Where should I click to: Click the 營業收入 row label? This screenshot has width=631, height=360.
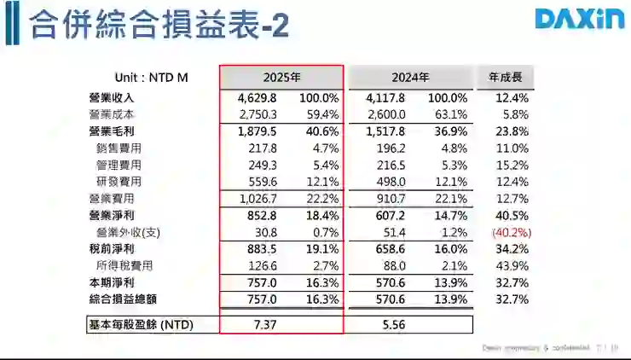coord(112,98)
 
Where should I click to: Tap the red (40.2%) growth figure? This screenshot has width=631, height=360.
coord(511,232)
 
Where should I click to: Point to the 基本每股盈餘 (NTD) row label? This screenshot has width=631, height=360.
coord(142,325)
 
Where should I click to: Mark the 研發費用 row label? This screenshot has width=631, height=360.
coord(119,182)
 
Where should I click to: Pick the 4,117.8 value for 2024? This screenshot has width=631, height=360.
coord(385,98)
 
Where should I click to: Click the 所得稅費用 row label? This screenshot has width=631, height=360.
coord(124,265)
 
